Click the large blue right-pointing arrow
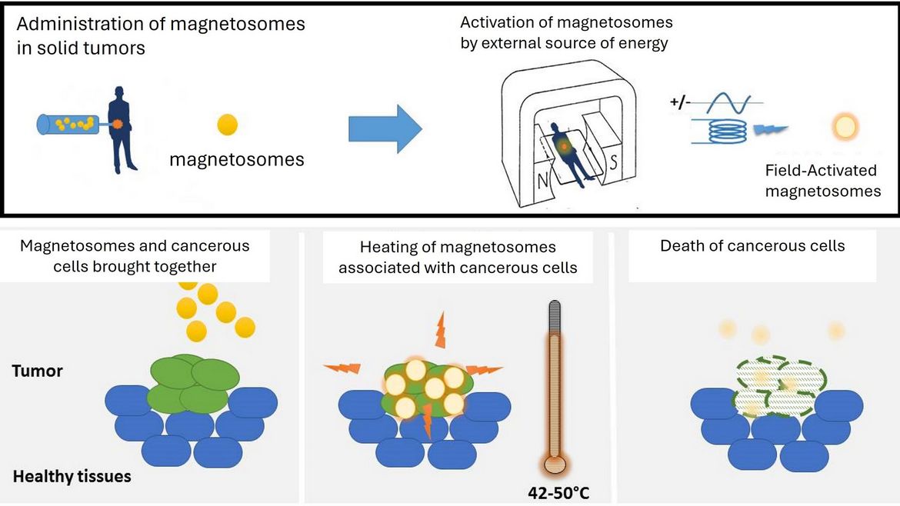point(385,128)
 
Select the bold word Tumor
point(37,371)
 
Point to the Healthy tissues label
point(72,476)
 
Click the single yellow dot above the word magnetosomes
point(227,125)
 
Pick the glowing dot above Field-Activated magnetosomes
point(846,127)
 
